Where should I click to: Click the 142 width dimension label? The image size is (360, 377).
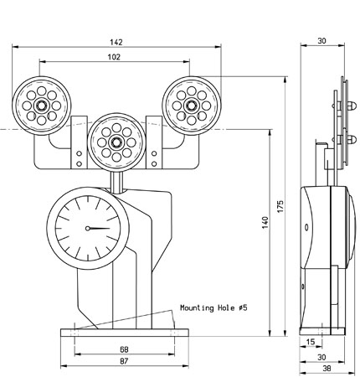tap(116, 42)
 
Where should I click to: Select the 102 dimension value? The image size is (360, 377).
tap(114, 57)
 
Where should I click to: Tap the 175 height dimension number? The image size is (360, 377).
tap(280, 206)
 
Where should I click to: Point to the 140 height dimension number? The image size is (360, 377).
tap(265, 222)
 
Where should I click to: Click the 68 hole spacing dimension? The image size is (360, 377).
tap(124, 349)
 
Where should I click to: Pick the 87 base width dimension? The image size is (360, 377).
tap(124, 361)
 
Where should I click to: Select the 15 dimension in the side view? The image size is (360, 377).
tap(311, 342)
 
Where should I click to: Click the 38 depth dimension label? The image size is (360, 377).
tap(327, 369)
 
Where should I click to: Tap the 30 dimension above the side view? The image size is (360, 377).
tap(321, 41)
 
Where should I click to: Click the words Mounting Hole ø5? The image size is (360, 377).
tap(213, 308)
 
